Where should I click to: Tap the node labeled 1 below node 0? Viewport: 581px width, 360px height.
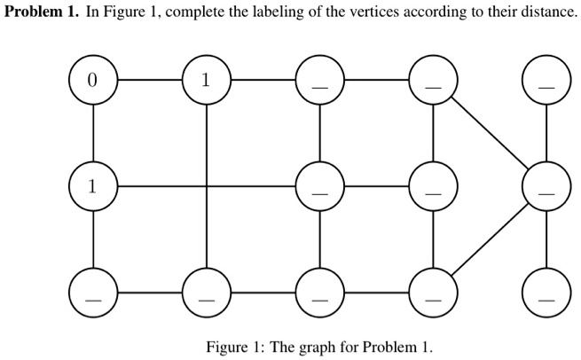[93, 186]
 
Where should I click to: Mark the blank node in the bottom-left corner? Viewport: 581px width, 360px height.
[93, 293]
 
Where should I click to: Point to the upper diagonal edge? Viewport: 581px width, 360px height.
[490, 133]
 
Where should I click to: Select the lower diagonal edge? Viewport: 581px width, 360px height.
[490, 240]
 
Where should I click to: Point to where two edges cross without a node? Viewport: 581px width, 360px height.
[207, 186]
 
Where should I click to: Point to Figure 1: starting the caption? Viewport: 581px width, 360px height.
[233, 346]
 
